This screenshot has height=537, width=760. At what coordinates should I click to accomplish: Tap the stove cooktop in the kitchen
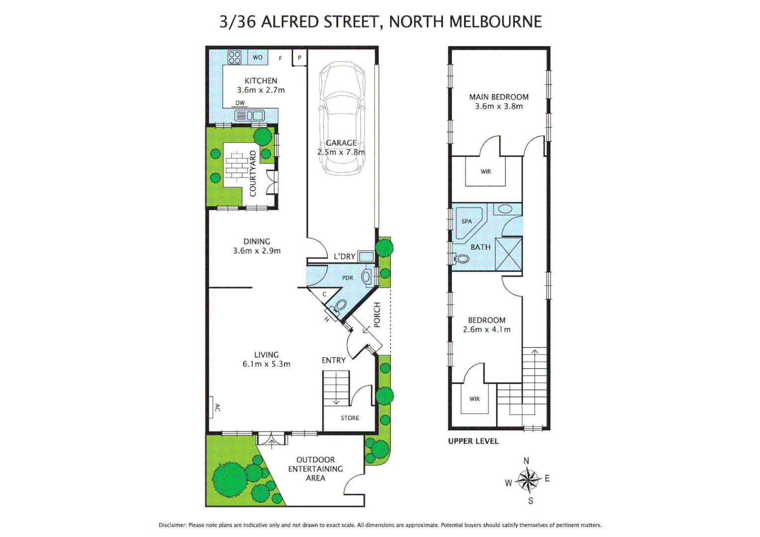click(x=234, y=57)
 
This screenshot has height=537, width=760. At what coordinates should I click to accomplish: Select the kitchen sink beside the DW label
click(x=250, y=116)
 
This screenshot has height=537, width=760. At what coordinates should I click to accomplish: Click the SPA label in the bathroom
click(x=466, y=221)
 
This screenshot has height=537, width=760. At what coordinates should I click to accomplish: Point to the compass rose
click(x=528, y=480)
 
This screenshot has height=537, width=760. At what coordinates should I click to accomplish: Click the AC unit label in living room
click(x=216, y=408)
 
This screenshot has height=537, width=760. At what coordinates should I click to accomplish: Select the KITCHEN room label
click(x=261, y=81)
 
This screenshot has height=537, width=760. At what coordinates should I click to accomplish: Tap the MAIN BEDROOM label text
click(x=498, y=97)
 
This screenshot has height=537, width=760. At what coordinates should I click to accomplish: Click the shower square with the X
click(x=508, y=254)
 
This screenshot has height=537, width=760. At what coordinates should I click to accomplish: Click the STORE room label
click(x=350, y=418)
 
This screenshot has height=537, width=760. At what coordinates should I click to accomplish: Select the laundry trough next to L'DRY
click(x=366, y=257)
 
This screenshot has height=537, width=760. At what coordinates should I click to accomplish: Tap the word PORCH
click(x=377, y=314)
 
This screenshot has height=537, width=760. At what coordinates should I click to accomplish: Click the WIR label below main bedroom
click(x=485, y=172)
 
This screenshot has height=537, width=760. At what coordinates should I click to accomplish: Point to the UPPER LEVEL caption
click(x=473, y=441)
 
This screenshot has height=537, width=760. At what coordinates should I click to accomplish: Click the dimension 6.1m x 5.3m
click(x=266, y=364)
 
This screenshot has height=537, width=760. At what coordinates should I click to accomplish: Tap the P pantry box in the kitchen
click(x=299, y=58)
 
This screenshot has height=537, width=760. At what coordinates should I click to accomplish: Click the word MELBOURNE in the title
click(x=495, y=22)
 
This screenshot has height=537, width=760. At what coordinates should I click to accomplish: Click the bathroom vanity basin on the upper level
click(x=505, y=209)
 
